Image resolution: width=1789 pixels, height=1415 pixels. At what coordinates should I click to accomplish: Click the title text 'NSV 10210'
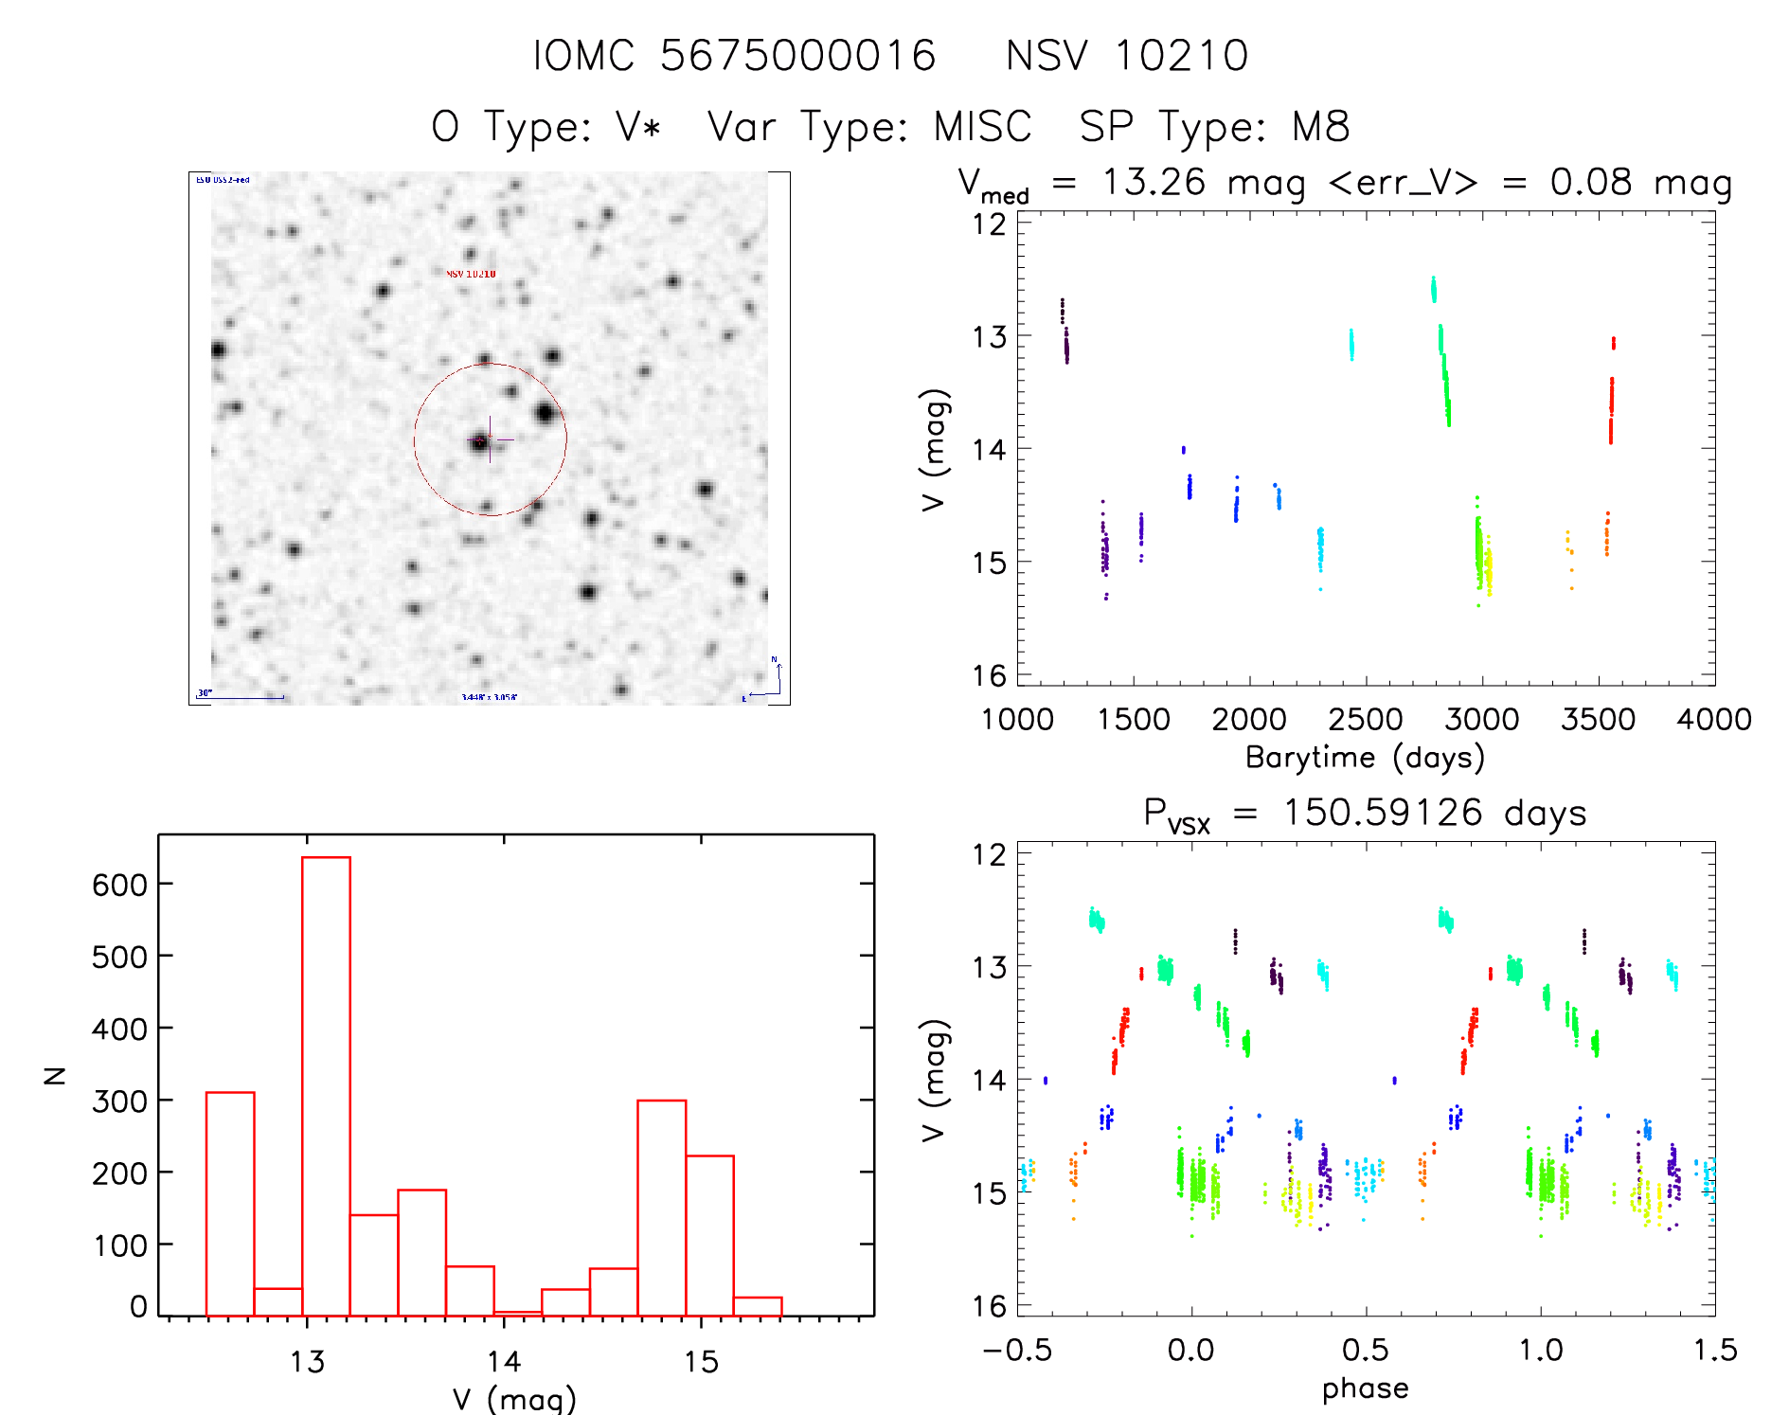pos(1127,56)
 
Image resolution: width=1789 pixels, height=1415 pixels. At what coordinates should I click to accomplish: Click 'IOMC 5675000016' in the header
pos(734,56)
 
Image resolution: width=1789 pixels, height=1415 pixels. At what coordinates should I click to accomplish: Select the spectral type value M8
pos(1321,127)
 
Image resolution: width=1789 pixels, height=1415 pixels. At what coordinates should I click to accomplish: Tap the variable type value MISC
pos(982,127)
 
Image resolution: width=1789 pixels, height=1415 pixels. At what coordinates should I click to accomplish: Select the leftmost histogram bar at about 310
pos(230,1203)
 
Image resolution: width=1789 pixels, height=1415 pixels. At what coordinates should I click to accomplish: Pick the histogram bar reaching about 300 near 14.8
pos(662,1208)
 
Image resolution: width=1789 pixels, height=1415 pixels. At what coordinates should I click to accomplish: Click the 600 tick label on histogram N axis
pos(120,885)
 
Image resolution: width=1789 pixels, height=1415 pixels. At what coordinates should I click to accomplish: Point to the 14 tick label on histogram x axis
pos(504,1362)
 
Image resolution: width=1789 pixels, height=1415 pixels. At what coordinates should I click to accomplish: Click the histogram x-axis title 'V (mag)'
pos(514,1399)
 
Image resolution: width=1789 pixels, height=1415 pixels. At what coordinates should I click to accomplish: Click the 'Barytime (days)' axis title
pos(1365,758)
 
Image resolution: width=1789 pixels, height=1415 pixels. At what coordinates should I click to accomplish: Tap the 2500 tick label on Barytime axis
pos(1365,720)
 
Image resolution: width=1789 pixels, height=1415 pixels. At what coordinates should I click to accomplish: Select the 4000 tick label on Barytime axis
pos(1713,720)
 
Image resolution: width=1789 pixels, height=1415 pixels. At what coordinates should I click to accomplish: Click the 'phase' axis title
pos(1365,1388)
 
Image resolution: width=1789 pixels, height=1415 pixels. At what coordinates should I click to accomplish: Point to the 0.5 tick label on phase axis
pos(1365,1350)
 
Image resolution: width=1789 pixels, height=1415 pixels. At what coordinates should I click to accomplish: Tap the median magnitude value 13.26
pos(1154,182)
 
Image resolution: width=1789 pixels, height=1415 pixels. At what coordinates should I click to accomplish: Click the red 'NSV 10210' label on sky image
pos(471,274)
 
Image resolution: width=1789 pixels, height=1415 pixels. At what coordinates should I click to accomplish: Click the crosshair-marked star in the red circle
pos(481,441)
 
